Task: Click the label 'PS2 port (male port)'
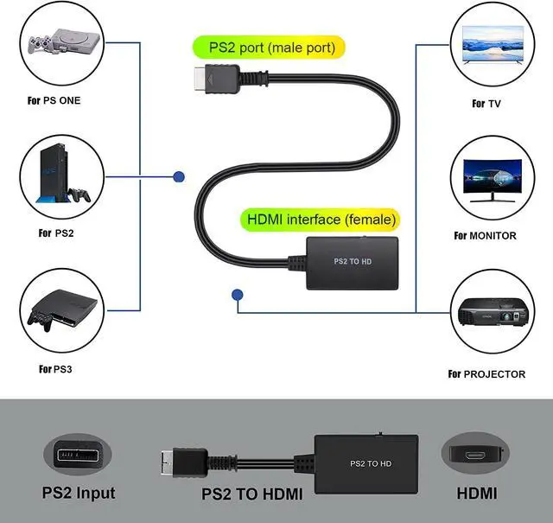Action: [x=266, y=47]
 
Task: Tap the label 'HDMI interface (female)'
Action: [x=321, y=220]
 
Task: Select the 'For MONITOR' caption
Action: [x=485, y=235]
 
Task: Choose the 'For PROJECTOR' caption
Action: [x=486, y=374]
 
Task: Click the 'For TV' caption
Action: [x=486, y=104]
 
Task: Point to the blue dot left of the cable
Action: [x=179, y=177]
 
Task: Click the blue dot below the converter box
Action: [x=237, y=296]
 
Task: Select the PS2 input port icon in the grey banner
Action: [x=79, y=454]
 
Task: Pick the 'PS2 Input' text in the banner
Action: [x=79, y=494]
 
